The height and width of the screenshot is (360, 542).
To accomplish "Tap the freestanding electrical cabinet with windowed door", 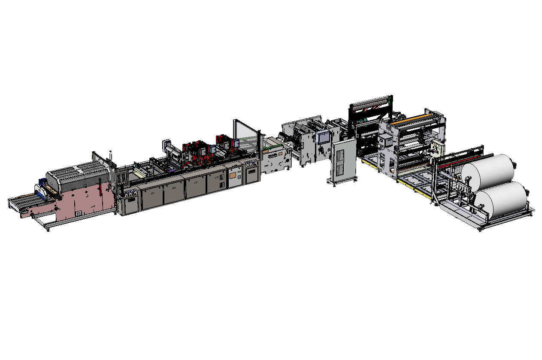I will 344,160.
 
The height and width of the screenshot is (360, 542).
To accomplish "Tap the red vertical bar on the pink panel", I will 100,189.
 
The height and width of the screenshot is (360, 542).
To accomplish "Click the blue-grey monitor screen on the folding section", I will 322,137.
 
